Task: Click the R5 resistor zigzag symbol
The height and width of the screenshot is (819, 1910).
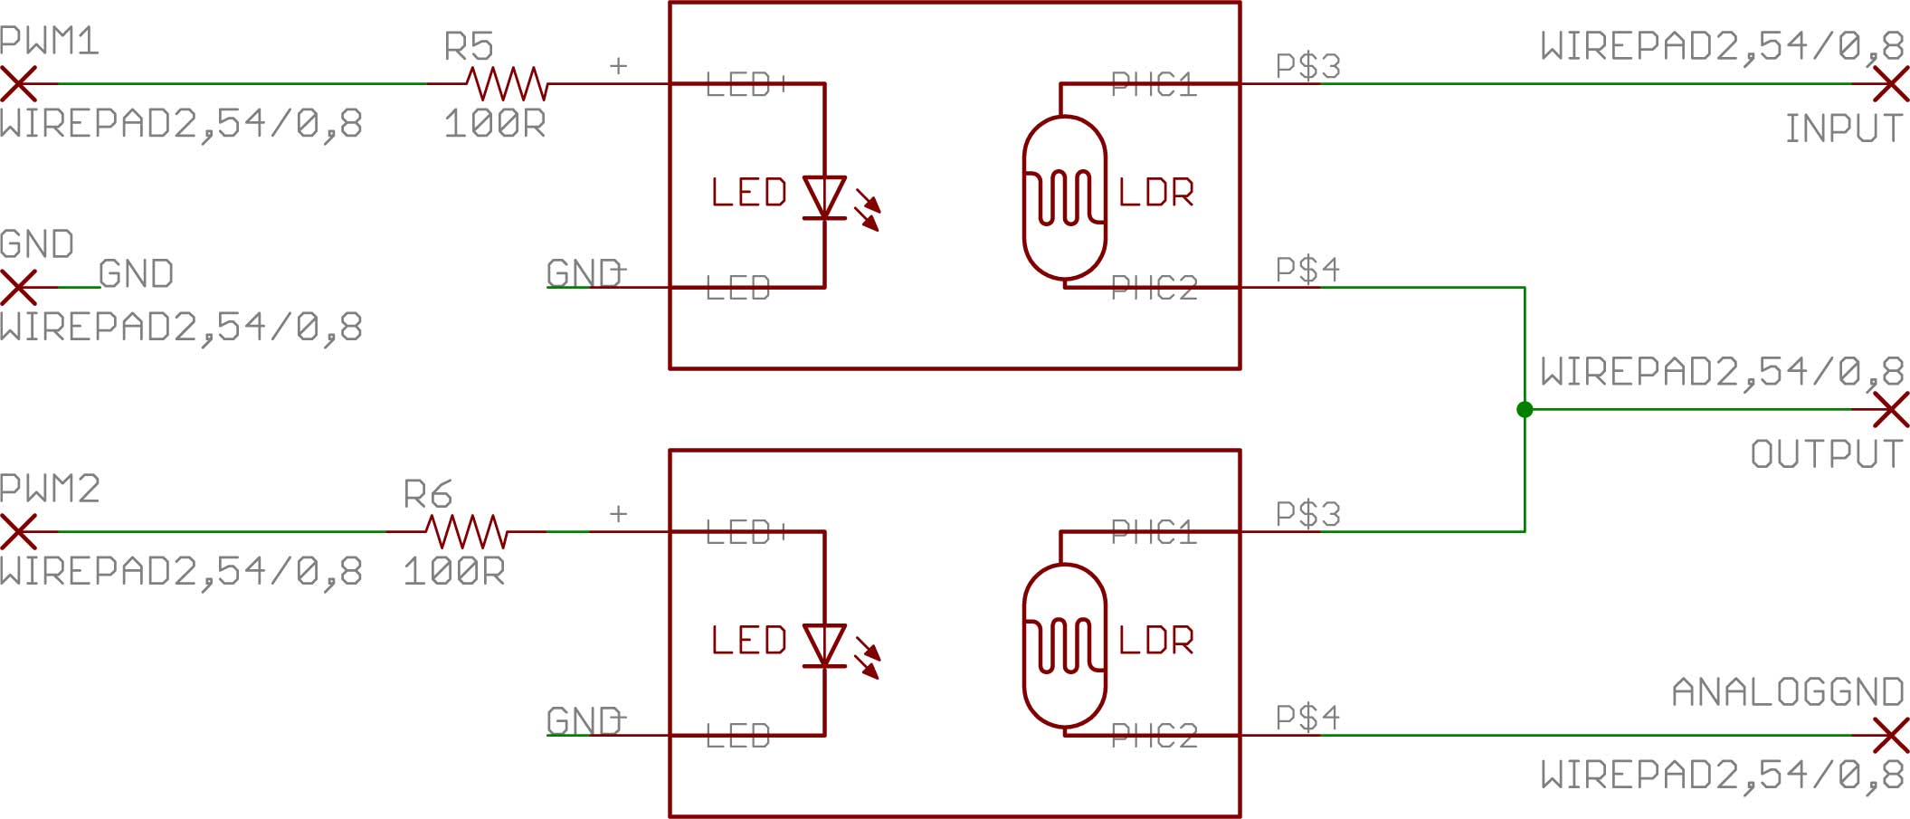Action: click(507, 84)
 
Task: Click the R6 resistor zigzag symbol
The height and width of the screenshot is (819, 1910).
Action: click(466, 532)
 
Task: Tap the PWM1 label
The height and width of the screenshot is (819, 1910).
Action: click(49, 42)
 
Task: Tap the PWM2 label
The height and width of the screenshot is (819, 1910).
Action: click(50, 490)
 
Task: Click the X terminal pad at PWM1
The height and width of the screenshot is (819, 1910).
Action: click(18, 84)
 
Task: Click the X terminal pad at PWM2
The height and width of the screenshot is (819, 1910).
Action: click(18, 532)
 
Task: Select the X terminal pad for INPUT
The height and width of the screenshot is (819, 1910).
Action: click(1890, 84)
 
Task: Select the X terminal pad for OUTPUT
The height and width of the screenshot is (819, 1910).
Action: click(1890, 410)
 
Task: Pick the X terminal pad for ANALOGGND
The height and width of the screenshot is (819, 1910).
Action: click(1890, 736)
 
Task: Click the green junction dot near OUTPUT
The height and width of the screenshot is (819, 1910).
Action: click(1525, 410)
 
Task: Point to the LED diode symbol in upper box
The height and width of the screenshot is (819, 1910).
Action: click(825, 197)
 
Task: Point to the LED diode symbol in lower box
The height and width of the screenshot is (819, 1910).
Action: click(825, 645)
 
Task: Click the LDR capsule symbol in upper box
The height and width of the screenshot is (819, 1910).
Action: click(1064, 197)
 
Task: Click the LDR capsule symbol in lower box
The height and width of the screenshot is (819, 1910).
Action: click(1064, 645)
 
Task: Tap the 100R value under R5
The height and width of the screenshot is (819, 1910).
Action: click(494, 124)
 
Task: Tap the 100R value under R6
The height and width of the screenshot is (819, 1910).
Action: click(453, 572)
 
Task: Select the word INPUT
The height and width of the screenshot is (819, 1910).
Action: click(1843, 129)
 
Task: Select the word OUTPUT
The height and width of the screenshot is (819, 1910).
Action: click(1826, 454)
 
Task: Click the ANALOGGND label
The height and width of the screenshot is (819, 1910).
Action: click(1787, 692)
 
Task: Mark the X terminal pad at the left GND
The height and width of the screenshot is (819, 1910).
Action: click(18, 288)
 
